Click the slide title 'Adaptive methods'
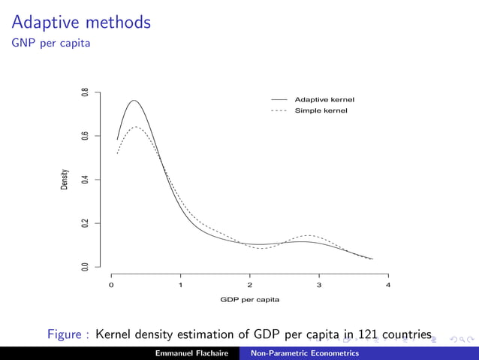coord(82,23)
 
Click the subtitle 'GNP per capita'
coord(51,44)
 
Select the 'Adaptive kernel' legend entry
coord(324,99)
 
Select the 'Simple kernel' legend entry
coord(321,110)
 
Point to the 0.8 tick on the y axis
coord(86,92)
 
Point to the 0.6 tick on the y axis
coord(86,136)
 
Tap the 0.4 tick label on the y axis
coord(86,180)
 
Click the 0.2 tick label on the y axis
coord(86,223)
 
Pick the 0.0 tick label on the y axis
coord(86,267)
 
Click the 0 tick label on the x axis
coord(111,285)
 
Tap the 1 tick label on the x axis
coord(180,285)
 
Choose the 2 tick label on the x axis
coord(250,285)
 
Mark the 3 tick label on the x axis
coord(319,285)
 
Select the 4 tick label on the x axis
coord(388,285)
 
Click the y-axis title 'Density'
coord(65,179)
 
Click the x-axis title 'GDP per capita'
coord(249,299)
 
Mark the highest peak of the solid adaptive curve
coord(134,101)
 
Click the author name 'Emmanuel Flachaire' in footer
coord(191,353)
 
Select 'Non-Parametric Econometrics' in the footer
coord(305,353)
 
